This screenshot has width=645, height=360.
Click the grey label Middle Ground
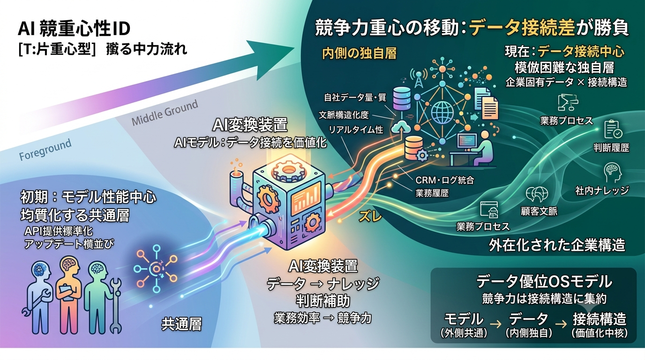[x=165, y=112]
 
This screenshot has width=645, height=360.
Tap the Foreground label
[x=45, y=150]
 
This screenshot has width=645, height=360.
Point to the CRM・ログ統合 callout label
[x=444, y=180]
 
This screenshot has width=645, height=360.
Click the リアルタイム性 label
[x=356, y=130]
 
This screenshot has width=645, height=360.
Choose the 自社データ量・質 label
[x=355, y=97]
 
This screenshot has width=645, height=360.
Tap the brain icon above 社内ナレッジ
[x=613, y=172]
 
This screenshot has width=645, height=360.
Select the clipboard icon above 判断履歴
[x=613, y=129]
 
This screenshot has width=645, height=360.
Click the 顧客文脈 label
[x=539, y=211]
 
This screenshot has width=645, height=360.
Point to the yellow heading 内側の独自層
[x=360, y=53]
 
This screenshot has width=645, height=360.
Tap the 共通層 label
[x=181, y=324]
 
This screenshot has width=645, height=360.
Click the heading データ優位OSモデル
[x=544, y=282]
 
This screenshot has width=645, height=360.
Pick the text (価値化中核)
[x=600, y=333]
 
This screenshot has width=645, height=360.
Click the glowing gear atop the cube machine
[x=289, y=170]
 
